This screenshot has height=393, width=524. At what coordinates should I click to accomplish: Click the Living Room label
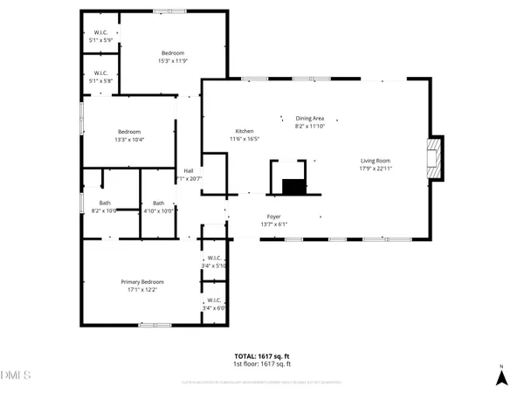click(376, 161)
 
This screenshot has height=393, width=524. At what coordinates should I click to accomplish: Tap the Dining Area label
click(309, 118)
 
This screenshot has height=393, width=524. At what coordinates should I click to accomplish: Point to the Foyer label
click(273, 216)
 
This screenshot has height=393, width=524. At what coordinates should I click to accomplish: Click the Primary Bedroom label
click(141, 282)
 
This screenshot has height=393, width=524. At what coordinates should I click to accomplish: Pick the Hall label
click(188, 170)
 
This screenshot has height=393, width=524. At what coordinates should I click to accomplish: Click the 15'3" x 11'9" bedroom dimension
click(173, 60)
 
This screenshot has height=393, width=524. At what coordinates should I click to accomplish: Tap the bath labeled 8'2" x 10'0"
click(104, 210)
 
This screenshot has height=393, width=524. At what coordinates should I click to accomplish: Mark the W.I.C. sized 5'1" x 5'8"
click(100, 80)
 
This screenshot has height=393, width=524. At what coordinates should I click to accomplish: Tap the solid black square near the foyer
click(293, 187)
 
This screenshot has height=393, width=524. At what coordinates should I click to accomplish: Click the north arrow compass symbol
click(501, 376)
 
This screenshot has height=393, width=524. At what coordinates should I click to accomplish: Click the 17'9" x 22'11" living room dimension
click(376, 169)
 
